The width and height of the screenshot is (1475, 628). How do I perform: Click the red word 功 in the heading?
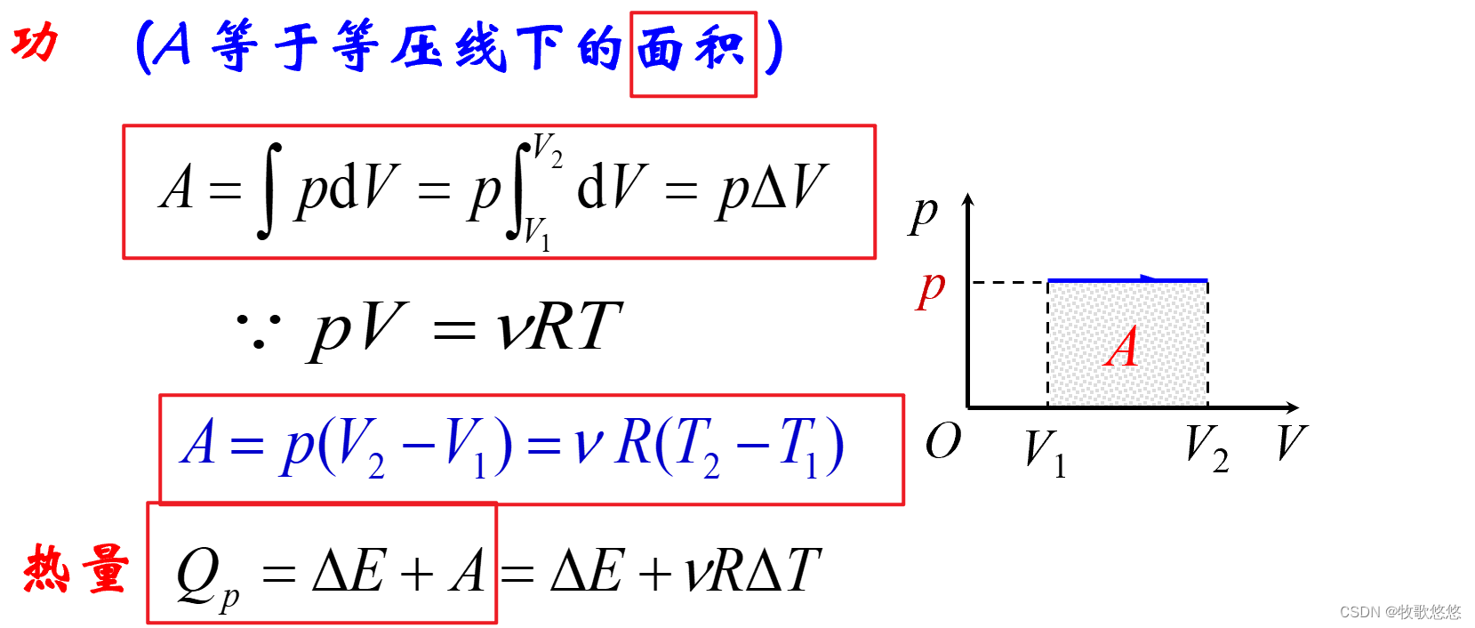[35, 42]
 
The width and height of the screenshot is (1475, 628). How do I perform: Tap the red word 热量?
[76, 568]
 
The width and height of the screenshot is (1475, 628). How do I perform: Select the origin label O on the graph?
[942, 440]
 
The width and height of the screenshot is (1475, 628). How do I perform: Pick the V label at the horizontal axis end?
[1291, 442]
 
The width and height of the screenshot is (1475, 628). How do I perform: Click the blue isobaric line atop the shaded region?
[1127, 281]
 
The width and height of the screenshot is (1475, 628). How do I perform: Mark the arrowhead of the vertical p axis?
[968, 202]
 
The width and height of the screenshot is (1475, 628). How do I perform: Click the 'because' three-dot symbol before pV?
[258, 330]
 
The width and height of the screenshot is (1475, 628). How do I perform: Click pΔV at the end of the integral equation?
[772, 189]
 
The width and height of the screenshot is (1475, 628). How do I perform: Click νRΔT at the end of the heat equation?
[752, 569]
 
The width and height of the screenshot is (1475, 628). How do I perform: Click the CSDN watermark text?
[1399, 612]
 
